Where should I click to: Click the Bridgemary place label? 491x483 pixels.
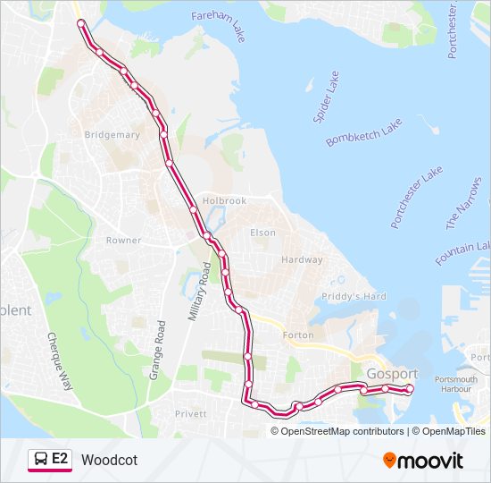click(x=112, y=135)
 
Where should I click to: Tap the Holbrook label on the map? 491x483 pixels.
click(x=224, y=201)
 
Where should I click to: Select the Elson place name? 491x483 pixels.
click(x=262, y=233)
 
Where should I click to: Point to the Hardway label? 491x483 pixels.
click(x=302, y=260)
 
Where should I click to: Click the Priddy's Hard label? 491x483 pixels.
click(x=354, y=296)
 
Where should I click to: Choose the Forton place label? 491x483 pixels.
click(x=297, y=335)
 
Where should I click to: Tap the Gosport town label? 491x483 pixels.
click(x=392, y=373)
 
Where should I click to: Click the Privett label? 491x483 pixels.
click(x=190, y=414)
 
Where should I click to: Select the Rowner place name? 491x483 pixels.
click(x=123, y=241)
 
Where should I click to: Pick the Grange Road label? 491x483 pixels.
click(x=158, y=348)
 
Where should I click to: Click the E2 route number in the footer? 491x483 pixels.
click(x=60, y=459)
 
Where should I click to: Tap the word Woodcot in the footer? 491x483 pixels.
click(x=109, y=460)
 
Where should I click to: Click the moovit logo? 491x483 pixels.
click(x=423, y=461)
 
